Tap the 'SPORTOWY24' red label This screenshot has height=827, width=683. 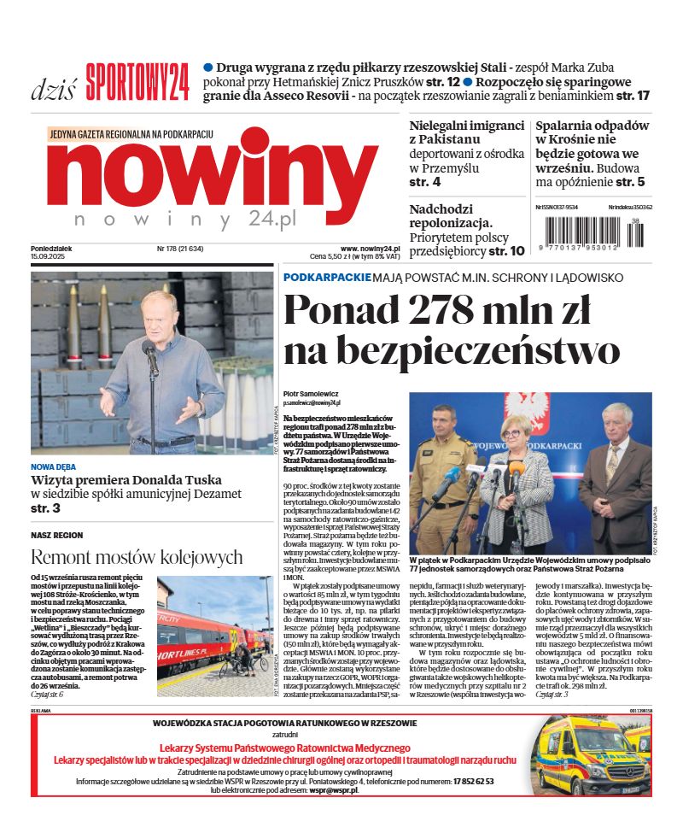point(137,83)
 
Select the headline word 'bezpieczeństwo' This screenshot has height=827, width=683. point(452,351)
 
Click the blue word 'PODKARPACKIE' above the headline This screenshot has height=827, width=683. point(327,278)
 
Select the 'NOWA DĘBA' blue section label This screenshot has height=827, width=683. point(53,467)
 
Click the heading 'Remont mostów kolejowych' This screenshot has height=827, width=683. point(137,558)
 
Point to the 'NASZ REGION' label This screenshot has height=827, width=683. point(57,535)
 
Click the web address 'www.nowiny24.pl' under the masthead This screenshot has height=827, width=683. point(371,249)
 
